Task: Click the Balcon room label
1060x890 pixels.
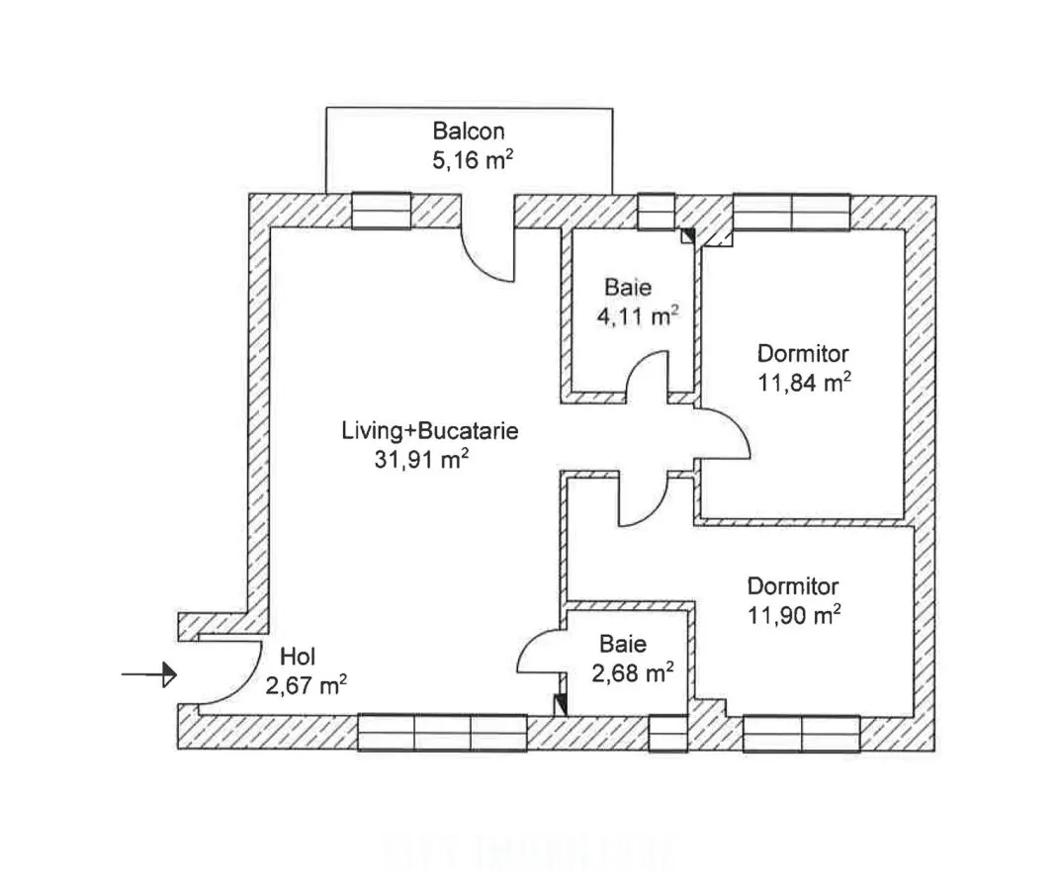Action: [x=469, y=131]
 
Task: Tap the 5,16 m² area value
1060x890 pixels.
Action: [x=473, y=160]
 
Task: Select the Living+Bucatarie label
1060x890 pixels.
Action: [x=430, y=431]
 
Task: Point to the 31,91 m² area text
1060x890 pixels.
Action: [x=422, y=460]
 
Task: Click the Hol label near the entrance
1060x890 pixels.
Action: [x=298, y=657]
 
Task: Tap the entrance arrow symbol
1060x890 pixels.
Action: [x=149, y=674]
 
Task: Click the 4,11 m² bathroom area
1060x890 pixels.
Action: [x=638, y=315]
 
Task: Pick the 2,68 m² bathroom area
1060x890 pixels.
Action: [x=633, y=673]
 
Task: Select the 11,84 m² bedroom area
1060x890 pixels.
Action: [x=804, y=383]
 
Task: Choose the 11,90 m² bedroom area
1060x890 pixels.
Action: [x=794, y=615]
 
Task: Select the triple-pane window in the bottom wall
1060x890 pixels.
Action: [x=442, y=733]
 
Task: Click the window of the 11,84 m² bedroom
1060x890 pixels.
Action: [x=792, y=212]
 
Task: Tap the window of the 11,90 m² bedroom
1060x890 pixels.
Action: [x=802, y=734]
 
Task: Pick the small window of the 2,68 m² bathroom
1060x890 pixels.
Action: [x=667, y=733]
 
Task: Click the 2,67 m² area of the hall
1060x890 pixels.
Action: [x=307, y=685]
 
